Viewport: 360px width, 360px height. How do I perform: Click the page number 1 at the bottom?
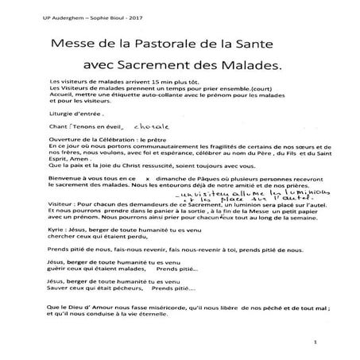click(315, 343)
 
